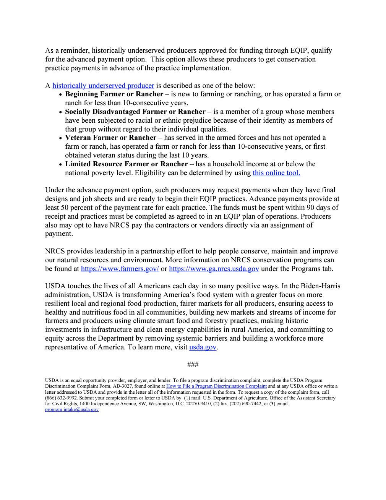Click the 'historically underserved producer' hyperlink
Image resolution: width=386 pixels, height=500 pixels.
103,86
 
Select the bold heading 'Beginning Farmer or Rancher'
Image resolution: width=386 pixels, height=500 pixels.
114,94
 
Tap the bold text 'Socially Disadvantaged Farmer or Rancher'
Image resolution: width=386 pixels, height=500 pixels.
135,112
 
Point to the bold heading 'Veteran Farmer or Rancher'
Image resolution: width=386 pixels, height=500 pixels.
110,138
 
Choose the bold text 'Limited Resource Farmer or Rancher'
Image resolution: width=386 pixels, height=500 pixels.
126,164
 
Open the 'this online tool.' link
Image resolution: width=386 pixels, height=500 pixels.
276,173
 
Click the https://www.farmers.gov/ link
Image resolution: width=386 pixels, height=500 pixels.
120,269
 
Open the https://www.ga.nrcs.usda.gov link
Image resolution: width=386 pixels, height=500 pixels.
214,269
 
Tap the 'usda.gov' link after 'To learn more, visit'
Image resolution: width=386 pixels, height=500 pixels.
203,347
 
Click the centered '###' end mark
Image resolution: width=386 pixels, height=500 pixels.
193,364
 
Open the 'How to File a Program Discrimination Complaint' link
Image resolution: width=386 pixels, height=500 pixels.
216,386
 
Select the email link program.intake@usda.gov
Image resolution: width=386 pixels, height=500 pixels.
72,409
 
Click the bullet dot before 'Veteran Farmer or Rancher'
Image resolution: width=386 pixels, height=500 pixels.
60,138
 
